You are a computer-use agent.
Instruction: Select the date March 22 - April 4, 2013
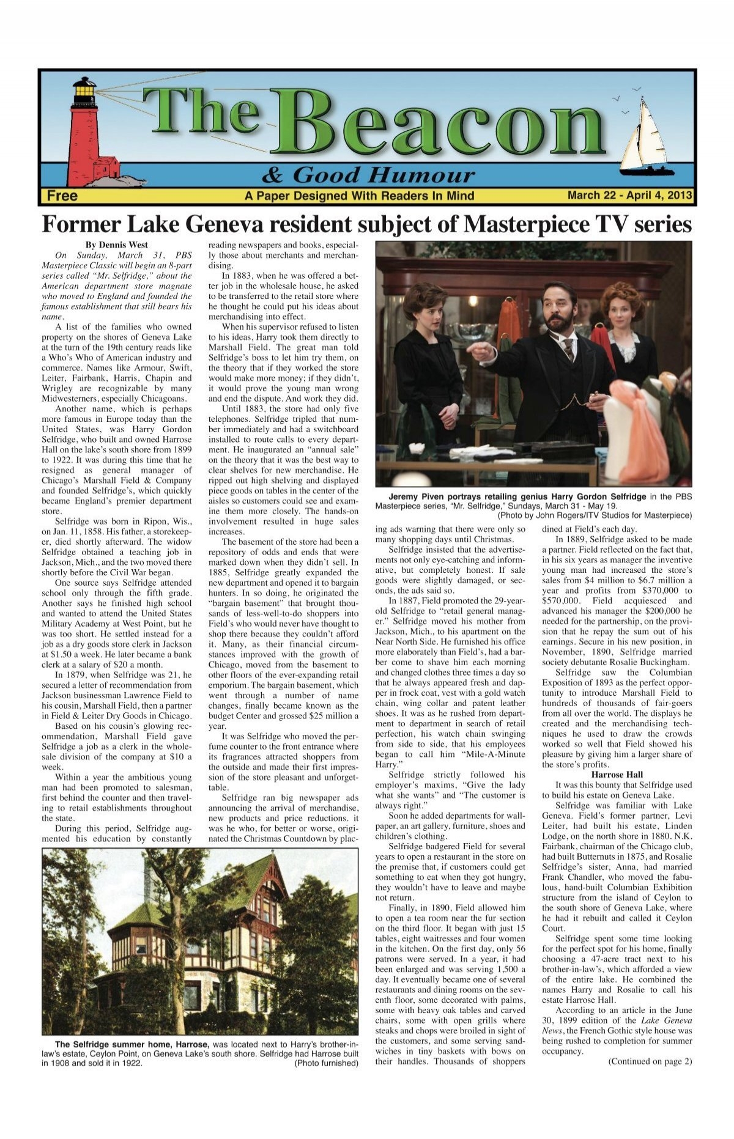coord(629,196)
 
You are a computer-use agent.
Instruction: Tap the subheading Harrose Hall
coord(617,775)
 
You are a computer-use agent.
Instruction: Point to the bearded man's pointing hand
coord(481,352)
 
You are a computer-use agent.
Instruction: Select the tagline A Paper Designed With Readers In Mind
coord(359,196)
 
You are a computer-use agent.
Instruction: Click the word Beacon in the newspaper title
coord(440,125)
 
